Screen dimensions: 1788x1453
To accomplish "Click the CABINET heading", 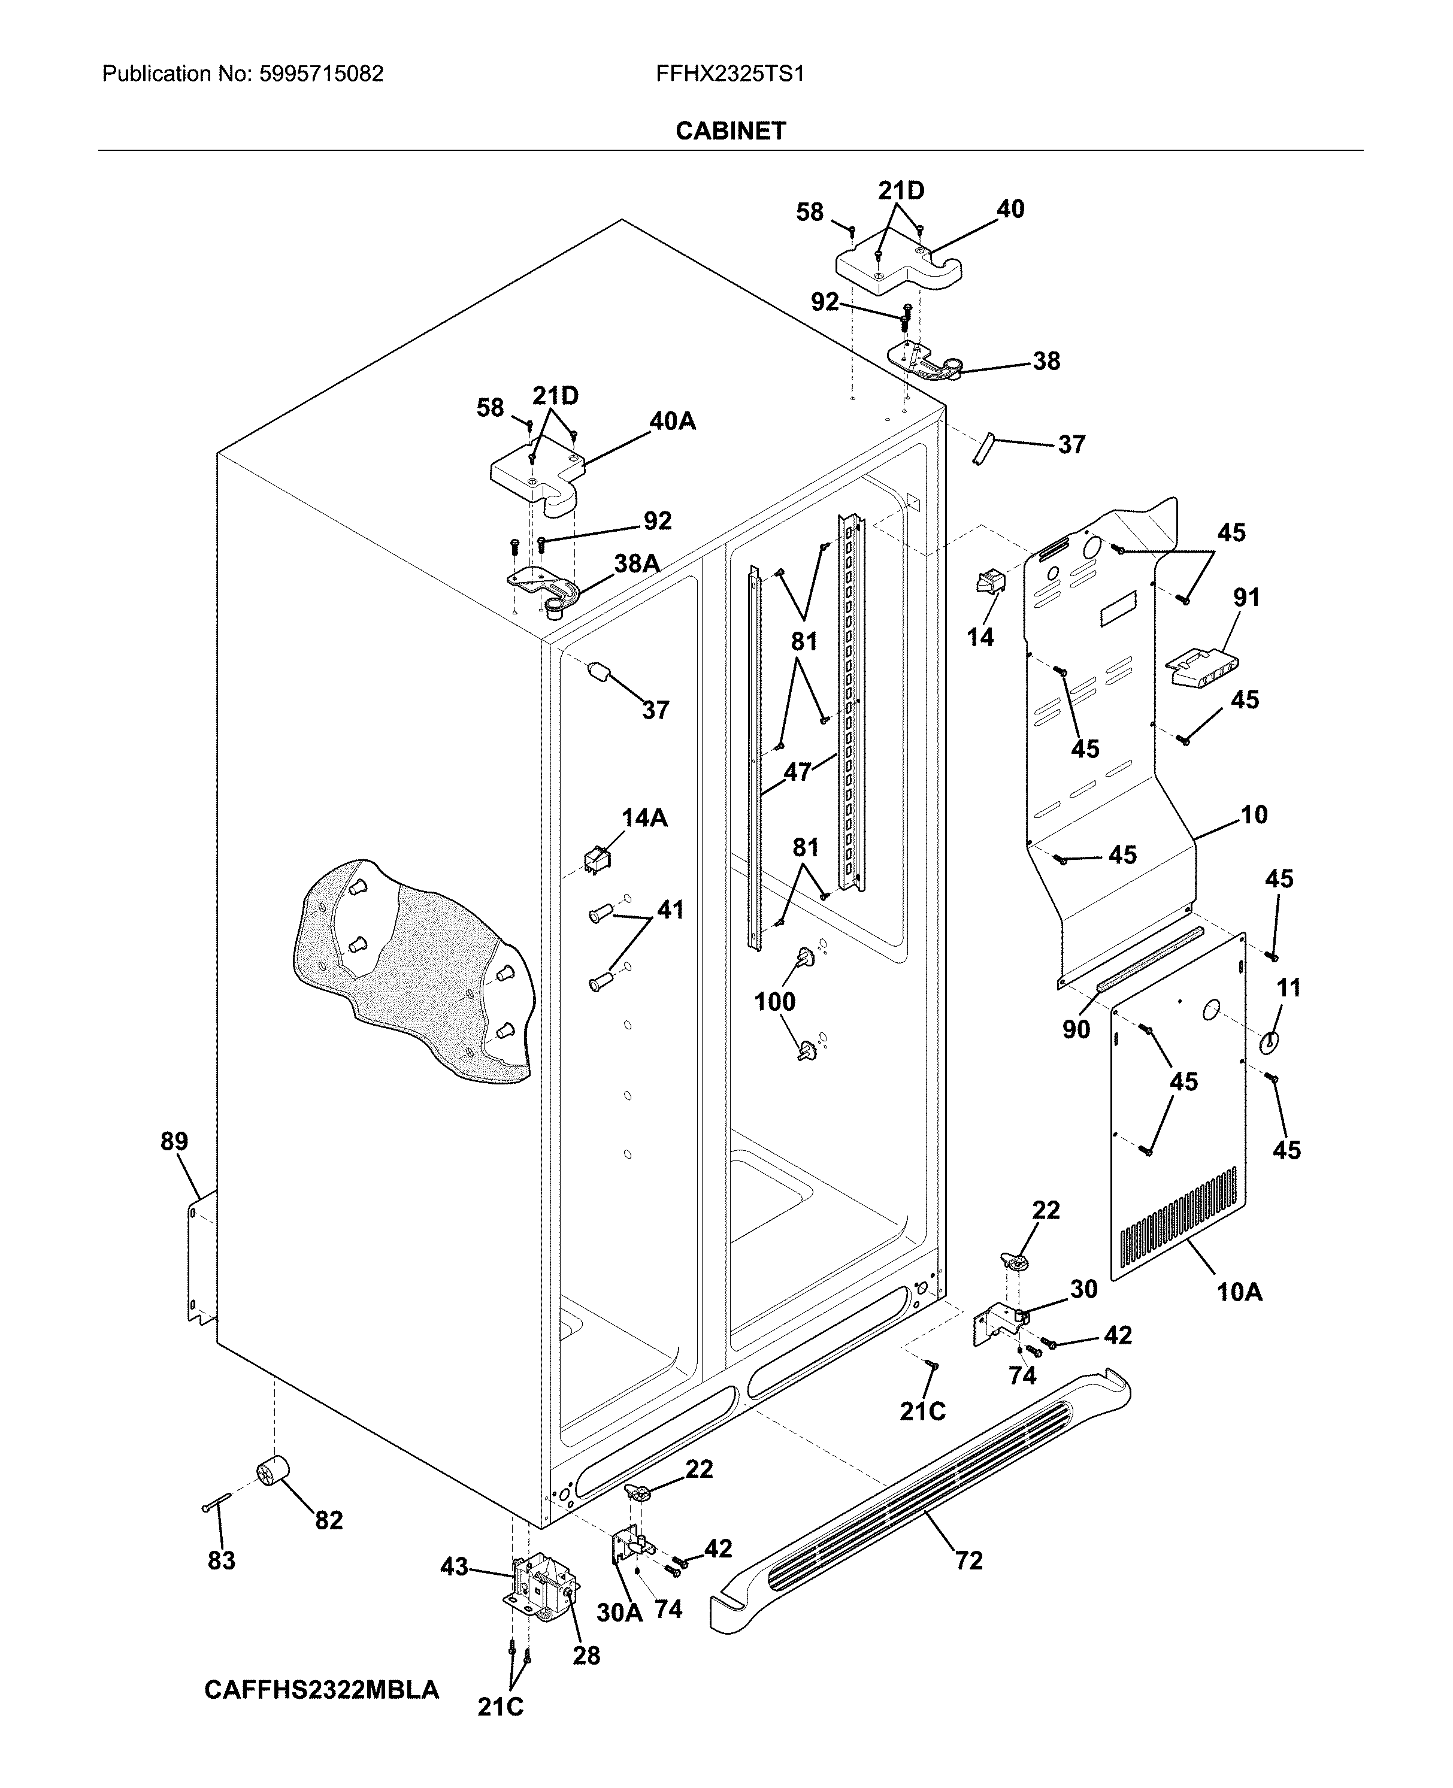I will pos(730,131).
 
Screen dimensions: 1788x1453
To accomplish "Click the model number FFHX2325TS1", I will pos(730,74).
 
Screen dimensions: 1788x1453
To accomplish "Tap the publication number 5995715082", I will pos(322,74).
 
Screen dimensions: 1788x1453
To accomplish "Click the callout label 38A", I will pos(636,564).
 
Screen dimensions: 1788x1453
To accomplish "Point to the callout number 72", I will pos(968,1560).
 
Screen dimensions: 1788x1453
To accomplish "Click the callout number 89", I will pos(174,1141).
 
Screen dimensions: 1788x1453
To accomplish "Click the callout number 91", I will pos(1246,598).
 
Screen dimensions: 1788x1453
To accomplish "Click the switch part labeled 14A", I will pos(596,859).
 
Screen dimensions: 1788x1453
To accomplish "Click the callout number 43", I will pos(455,1566).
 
